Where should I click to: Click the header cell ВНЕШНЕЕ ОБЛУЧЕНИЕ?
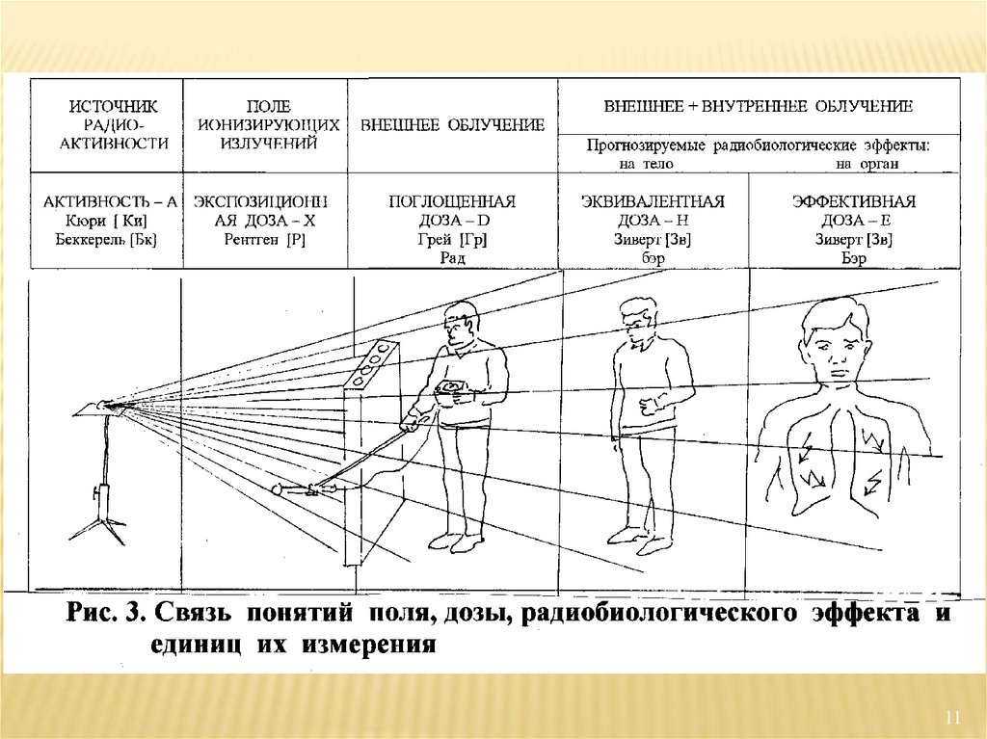[452, 125]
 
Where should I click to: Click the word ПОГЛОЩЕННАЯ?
[452, 202]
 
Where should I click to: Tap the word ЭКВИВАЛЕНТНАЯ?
[653, 202]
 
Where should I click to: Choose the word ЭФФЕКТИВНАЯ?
[853, 202]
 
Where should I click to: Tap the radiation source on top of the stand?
[104, 407]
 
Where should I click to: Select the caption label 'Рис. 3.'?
[107, 615]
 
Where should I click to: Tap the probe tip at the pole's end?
[280, 490]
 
